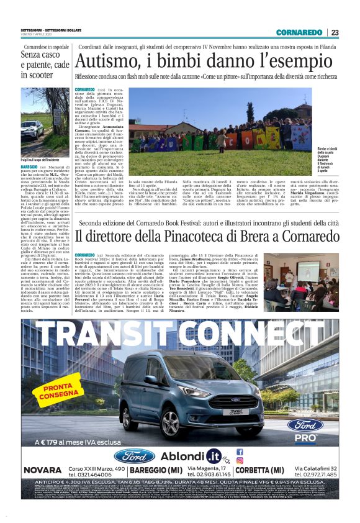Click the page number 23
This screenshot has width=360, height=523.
coord(334,32)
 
